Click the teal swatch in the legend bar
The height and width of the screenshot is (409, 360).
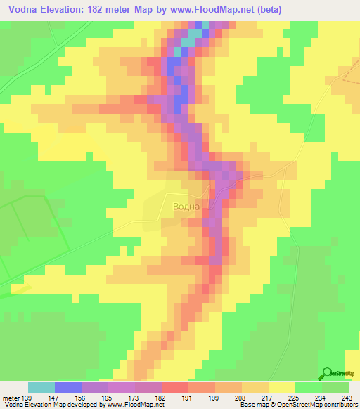pos(41,387)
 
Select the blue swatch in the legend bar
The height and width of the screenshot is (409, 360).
pos(68,387)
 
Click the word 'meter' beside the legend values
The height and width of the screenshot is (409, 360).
pos(10,398)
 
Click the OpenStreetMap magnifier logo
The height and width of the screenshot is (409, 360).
pos(328,373)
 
